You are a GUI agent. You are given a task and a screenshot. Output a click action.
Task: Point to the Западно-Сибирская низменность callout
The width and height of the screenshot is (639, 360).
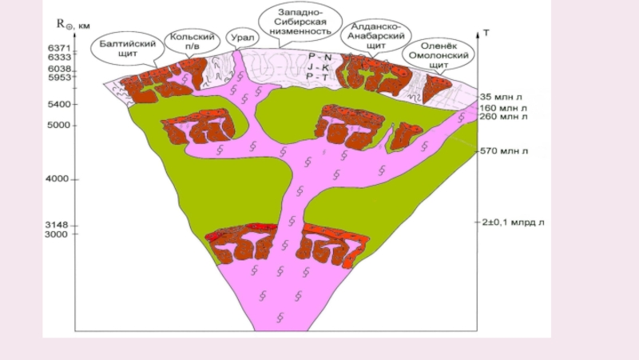[300, 23]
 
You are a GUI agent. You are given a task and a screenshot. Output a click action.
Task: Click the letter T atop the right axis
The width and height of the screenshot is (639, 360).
[486, 34]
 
